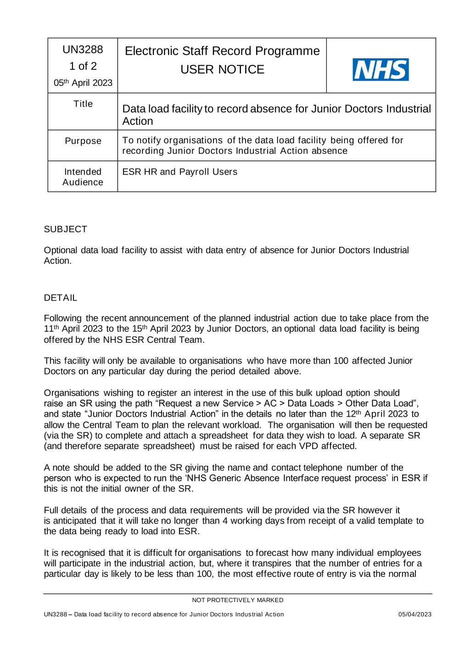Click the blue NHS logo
point(381,70)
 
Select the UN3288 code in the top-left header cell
point(83,50)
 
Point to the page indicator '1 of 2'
point(83,66)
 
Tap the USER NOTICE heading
point(222,69)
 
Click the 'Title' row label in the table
point(83,104)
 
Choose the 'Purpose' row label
point(83,141)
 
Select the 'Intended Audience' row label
point(83,177)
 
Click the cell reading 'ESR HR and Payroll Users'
point(180,172)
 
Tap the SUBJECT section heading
point(65,229)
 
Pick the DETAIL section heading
point(61,298)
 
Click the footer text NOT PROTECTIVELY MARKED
point(237,600)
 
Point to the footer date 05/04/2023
point(414,614)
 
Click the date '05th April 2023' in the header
point(83,83)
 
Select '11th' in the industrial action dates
point(51,329)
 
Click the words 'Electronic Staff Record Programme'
point(222,51)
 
